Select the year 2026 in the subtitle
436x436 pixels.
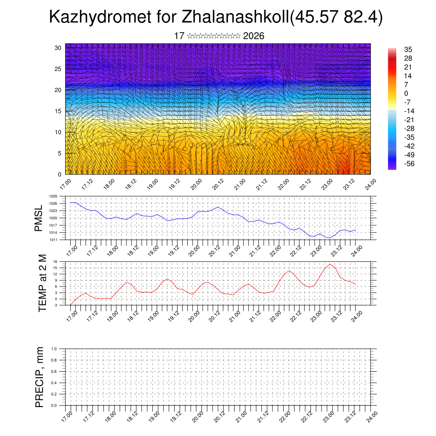[254, 36]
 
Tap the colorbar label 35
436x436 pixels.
[407, 50]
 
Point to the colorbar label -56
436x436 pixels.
[409, 163]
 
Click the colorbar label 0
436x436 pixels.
[406, 93]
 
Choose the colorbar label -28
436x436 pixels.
[409, 129]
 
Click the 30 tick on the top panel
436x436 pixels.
[58, 48]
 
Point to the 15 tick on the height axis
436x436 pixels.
[58, 111]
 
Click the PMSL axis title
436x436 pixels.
[39, 218]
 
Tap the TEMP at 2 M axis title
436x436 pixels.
[42, 284]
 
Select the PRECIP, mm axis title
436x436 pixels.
[40, 377]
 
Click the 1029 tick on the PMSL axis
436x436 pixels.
[53, 196]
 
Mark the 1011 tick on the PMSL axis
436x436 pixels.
[53, 240]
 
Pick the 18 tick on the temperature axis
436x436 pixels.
[55, 261]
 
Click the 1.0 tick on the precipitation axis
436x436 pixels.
[54, 349]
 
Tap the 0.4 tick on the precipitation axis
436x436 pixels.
[54, 383]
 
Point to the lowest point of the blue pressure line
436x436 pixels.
[330, 238]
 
